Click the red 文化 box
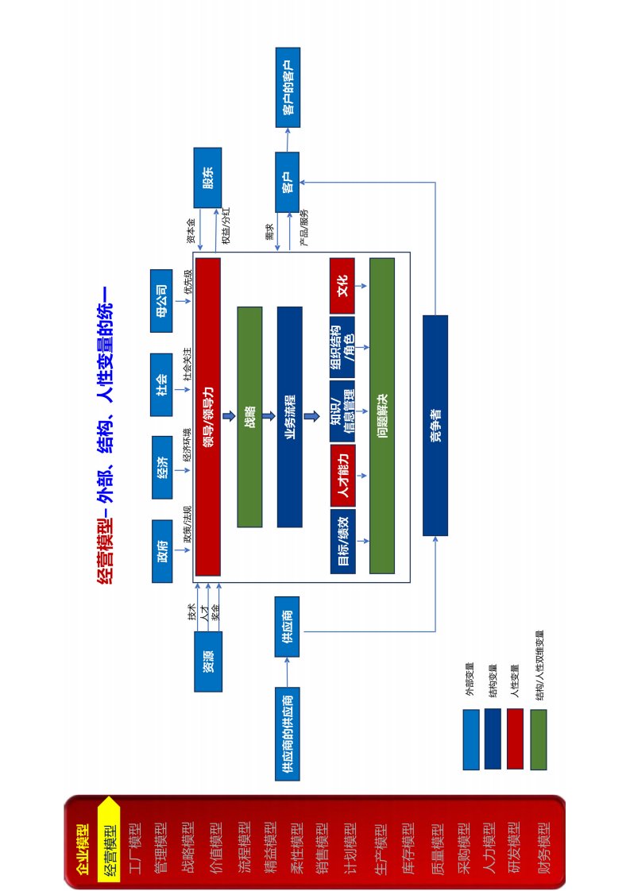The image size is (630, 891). click(x=342, y=286)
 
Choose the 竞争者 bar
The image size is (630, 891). click(x=435, y=425)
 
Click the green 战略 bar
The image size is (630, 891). click(x=249, y=416)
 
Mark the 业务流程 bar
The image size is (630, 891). click(x=289, y=416)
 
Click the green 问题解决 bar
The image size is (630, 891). click(x=381, y=416)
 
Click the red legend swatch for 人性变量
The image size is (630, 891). click(x=515, y=739)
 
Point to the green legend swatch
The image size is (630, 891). click(x=539, y=739)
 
